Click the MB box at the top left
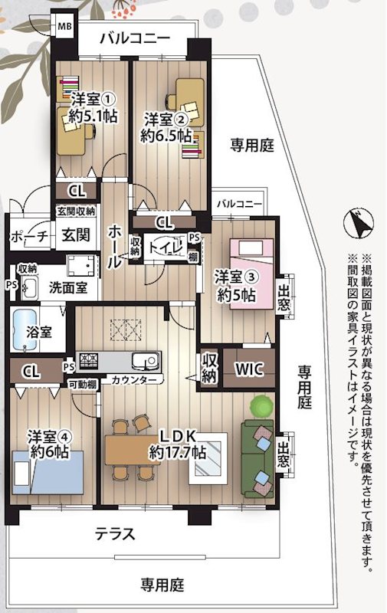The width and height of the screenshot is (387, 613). point(64,26)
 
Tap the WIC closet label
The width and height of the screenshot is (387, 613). point(249,369)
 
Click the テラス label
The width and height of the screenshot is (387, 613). point(115,533)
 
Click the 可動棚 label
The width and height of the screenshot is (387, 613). point(82,384)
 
